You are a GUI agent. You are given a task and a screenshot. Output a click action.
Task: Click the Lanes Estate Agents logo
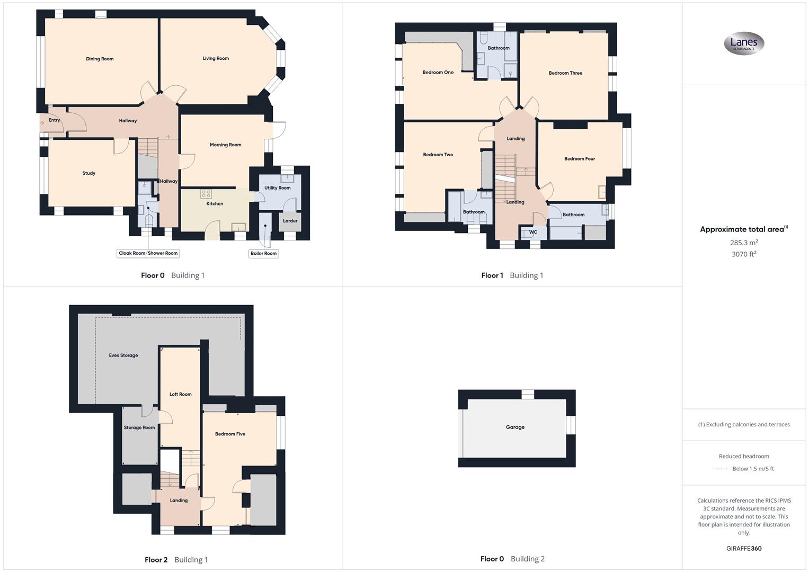click(x=744, y=43)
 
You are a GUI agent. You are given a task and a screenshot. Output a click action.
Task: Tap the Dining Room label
click(x=100, y=59)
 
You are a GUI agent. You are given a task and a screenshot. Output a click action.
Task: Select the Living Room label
click(x=216, y=58)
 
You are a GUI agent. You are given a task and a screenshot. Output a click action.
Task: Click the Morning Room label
click(x=225, y=145)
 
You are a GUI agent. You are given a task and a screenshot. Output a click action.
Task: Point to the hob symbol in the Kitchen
click(x=206, y=194)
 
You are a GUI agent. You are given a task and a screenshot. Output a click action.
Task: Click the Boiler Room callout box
click(x=263, y=253)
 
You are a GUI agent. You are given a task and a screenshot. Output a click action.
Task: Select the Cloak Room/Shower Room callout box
click(x=148, y=253)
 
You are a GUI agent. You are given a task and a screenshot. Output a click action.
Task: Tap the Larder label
click(x=290, y=221)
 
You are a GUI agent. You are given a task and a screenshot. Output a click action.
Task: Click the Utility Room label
click(x=277, y=187)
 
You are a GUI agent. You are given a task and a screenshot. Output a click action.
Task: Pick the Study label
click(x=88, y=173)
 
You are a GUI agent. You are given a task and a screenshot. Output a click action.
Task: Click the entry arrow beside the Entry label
click(x=42, y=123)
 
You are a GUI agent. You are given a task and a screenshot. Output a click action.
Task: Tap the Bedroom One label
click(x=438, y=72)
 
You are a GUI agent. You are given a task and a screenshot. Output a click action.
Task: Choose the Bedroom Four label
click(x=579, y=158)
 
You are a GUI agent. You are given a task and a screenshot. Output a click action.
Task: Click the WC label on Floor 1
click(x=533, y=232)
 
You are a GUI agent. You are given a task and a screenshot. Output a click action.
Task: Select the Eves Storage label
click(x=123, y=355)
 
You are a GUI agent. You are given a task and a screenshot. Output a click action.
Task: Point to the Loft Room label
click(x=180, y=394)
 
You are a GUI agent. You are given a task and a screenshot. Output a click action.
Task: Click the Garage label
click(x=514, y=427)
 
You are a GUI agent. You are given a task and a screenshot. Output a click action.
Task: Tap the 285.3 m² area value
click(x=743, y=243)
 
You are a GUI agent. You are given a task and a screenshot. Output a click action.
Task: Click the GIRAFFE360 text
click(x=743, y=548)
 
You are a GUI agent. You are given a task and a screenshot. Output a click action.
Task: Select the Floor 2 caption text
click(x=156, y=560)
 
